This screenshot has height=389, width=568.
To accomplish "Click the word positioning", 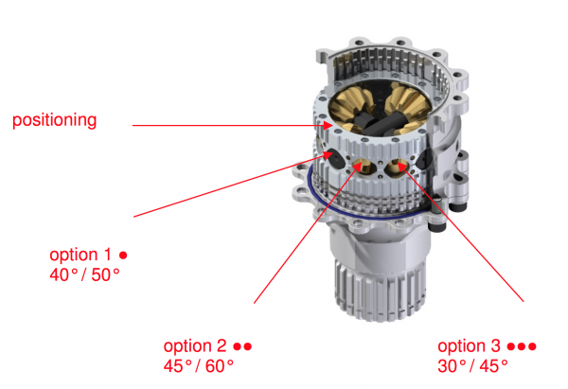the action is (x=54, y=120).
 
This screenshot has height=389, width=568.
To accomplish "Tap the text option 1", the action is (x=80, y=255).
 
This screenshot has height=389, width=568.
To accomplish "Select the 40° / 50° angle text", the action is (x=84, y=274).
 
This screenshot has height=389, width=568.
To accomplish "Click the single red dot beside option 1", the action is (x=123, y=256).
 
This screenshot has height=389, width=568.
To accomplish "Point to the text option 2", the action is (x=195, y=346).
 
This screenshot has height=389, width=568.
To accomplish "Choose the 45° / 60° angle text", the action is (x=199, y=366).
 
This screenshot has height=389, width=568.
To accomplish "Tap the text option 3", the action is (x=470, y=346).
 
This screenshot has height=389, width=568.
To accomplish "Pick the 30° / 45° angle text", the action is (x=472, y=366).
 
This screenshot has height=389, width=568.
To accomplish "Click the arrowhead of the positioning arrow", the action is (x=328, y=125).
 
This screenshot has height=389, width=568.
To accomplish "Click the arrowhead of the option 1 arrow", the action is (x=328, y=154).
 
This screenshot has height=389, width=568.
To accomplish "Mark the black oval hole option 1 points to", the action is (x=336, y=159).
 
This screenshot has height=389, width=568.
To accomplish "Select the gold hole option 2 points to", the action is (x=364, y=167).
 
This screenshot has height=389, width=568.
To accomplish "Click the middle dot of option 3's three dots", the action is (x=522, y=346).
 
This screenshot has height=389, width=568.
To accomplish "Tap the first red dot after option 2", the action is (x=237, y=346).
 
